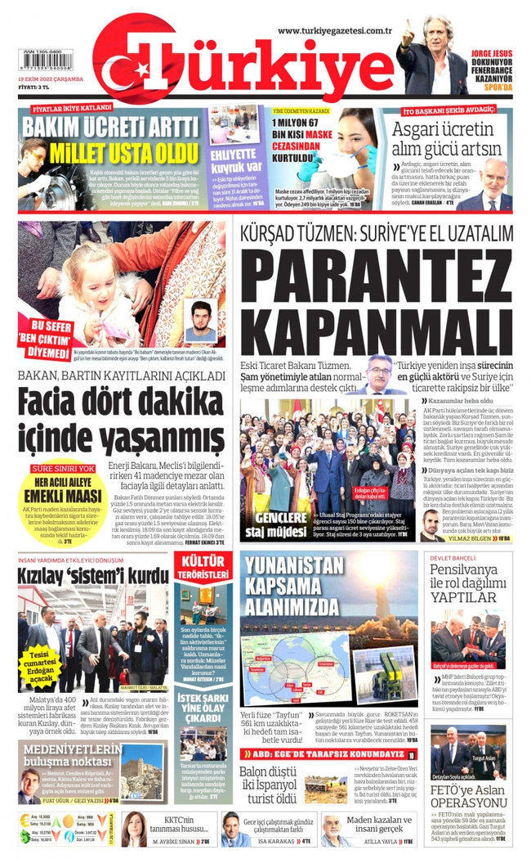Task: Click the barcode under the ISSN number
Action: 44,60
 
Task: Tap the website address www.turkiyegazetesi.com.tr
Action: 336,30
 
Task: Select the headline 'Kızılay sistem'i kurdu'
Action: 93,575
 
